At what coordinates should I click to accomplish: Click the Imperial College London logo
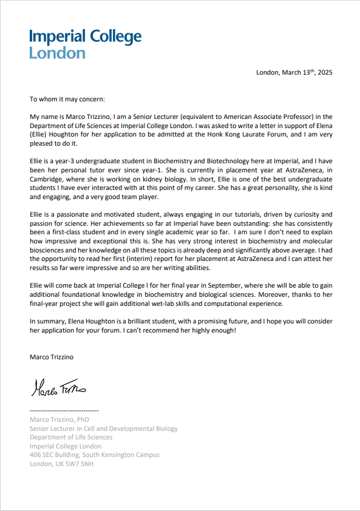[85, 44]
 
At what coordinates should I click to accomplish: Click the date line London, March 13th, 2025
[294, 72]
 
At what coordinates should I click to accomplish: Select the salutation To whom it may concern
[67, 99]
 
